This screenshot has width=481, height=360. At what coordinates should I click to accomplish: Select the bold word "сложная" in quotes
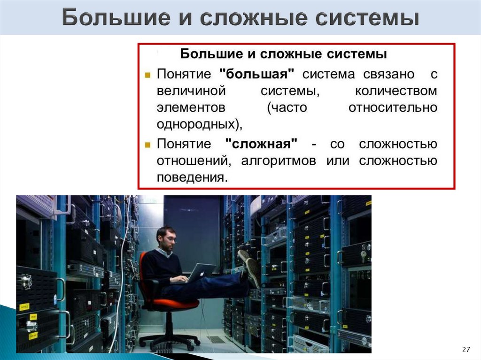[261, 143]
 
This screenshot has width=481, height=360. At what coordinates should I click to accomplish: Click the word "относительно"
[393, 108]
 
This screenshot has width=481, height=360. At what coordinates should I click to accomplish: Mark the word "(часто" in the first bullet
[287, 108]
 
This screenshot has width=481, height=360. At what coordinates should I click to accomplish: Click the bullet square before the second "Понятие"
[147, 144]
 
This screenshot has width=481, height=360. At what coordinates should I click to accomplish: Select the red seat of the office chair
[181, 303]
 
